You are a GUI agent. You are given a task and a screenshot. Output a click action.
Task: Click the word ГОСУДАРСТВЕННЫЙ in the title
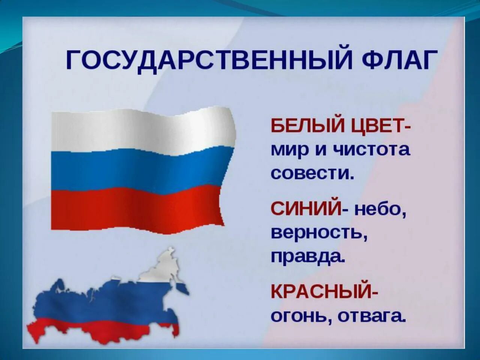pyautogui.click(x=208, y=60)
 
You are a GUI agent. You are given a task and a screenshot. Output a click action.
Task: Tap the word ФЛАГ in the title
pyautogui.click(x=399, y=60)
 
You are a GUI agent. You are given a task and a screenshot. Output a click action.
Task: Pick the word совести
pyautogui.click(x=312, y=173)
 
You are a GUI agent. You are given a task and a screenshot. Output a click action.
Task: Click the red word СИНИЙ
pyautogui.click(x=305, y=208)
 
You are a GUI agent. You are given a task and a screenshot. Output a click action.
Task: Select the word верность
pyautogui.click(x=318, y=233)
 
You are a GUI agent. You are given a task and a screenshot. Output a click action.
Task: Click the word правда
pyautogui.click(x=307, y=257)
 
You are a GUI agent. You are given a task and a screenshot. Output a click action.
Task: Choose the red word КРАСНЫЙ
pyautogui.click(x=321, y=291)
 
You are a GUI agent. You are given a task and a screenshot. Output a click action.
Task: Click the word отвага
pyautogui.click(x=372, y=316)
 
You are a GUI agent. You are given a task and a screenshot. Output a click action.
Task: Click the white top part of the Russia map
pyautogui.click(x=161, y=268)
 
